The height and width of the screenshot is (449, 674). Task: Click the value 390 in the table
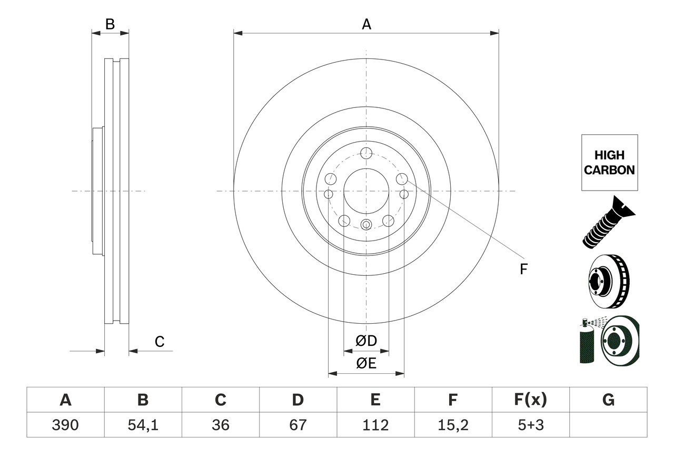click(x=65, y=425)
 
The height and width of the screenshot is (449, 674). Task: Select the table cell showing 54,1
click(x=143, y=425)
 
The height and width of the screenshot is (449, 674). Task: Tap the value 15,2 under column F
click(x=453, y=425)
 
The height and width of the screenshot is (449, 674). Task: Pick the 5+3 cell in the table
click(x=530, y=425)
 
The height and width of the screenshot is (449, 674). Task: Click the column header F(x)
click(x=530, y=400)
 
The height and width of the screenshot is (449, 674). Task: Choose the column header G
click(x=608, y=400)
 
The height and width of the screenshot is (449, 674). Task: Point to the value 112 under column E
click(x=375, y=425)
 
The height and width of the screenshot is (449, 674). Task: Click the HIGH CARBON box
click(x=609, y=163)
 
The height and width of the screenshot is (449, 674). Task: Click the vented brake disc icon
click(x=608, y=282)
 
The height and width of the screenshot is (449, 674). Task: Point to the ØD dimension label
click(x=366, y=341)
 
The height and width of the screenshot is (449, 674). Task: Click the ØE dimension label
click(x=366, y=364)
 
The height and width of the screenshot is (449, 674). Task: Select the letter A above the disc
click(x=366, y=24)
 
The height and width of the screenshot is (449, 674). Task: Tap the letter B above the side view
click(x=110, y=24)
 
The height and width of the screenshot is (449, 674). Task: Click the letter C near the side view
click(x=160, y=342)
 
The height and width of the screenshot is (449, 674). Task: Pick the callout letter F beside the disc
click(x=523, y=270)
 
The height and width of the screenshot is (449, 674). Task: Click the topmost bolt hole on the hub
click(x=366, y=154)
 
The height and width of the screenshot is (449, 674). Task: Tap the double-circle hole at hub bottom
click(x=366, y=224)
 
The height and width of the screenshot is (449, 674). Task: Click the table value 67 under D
click(x=298, y=425)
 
